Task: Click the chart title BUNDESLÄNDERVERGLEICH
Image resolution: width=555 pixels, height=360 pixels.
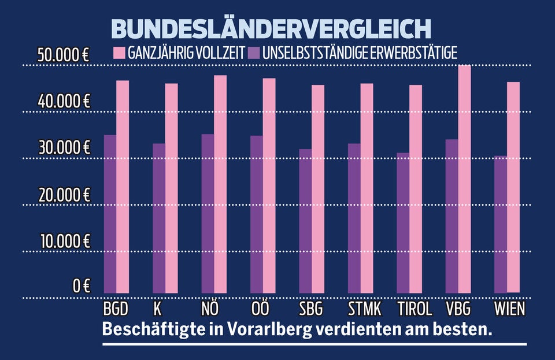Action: [x=271, y=29]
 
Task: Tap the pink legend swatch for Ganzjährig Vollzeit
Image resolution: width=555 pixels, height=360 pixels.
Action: [x=119, y=53]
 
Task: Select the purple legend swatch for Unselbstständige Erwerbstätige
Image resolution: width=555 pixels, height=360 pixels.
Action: [x=254, y=53]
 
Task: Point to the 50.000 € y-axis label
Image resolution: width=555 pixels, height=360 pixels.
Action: [x=63, y=56]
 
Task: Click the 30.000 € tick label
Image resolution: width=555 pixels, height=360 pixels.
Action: [x=63, y=147]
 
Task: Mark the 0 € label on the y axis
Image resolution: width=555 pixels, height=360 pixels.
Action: [x=81, y=285]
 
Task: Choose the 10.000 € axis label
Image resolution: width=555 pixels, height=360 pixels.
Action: [x=63, y=240]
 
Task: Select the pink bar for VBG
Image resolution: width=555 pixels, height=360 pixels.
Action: [x=465, y=179]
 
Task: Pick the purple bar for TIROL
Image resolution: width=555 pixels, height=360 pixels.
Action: [x=403, y=222]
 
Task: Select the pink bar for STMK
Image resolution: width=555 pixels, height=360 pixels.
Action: [x=367, y=188]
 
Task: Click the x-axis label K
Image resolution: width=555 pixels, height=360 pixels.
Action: [x=157, y=308]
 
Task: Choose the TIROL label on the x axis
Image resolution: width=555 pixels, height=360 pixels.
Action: [x=415, y=308]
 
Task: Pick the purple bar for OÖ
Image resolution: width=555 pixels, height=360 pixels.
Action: [x=256, y=214]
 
